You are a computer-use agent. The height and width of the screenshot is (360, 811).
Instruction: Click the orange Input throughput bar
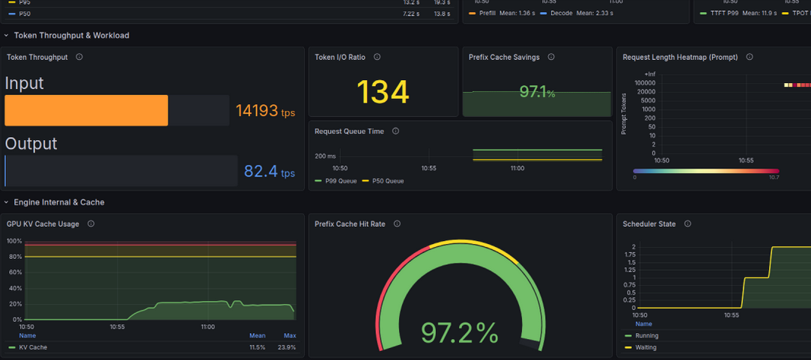point(86,110)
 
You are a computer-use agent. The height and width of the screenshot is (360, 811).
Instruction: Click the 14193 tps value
point(265,110)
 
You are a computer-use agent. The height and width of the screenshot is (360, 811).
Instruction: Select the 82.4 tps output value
point(270,171)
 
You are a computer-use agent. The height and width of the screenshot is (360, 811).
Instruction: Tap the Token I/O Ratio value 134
point(383,92)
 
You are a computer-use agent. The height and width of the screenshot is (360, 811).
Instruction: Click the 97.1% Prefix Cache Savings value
point(538,93)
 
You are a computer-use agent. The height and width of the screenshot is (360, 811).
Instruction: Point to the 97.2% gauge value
point(459,332)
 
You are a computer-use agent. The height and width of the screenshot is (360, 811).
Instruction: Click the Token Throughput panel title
point(37,58)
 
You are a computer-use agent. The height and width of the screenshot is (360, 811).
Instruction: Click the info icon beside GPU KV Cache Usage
point(91,224)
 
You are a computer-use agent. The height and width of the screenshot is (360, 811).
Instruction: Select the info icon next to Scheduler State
point(687,224)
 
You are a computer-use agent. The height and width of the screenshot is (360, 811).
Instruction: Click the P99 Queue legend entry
point(335,181)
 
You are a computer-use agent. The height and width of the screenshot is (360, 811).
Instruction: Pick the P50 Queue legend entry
point(383,181)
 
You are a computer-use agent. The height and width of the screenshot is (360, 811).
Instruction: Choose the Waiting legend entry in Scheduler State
point(641,347)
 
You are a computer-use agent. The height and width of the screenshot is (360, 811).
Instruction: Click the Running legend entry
point(641,336)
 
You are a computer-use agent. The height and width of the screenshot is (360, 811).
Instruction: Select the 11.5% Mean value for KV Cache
point(257,347)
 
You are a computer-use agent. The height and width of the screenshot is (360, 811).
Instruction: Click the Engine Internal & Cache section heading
point(59,202)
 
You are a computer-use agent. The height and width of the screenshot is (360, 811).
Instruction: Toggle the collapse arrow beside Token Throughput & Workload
point(6,36)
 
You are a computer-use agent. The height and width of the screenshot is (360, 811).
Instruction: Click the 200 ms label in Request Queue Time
point(325,156)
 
